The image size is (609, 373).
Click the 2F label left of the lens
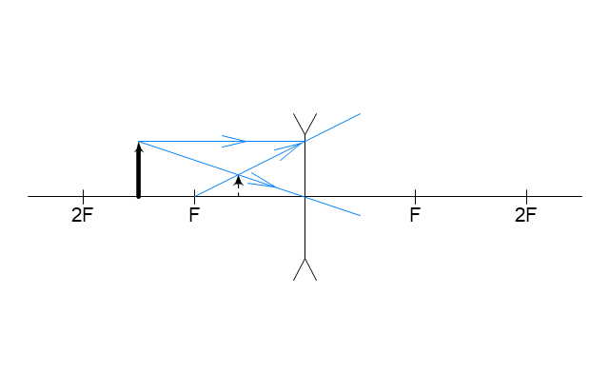83,215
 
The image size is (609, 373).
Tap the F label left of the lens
194,215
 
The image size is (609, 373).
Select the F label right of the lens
415,215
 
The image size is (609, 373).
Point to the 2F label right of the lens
526,215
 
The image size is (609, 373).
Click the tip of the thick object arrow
139,142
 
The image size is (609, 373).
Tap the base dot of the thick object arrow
139,197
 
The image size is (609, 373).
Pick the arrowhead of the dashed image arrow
239,180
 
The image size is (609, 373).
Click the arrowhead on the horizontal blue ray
234,141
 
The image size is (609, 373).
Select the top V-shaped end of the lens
304,124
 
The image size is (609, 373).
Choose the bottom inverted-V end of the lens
304,269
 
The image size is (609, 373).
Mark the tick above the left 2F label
83,193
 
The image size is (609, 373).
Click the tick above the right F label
415,193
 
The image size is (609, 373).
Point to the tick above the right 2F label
526,193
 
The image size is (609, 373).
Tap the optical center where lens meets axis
304,197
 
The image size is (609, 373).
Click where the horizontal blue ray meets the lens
304,142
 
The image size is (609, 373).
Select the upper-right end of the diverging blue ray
361,114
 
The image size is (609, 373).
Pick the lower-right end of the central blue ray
361,215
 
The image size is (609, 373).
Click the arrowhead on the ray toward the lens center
263,180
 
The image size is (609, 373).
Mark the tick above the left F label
194,193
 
